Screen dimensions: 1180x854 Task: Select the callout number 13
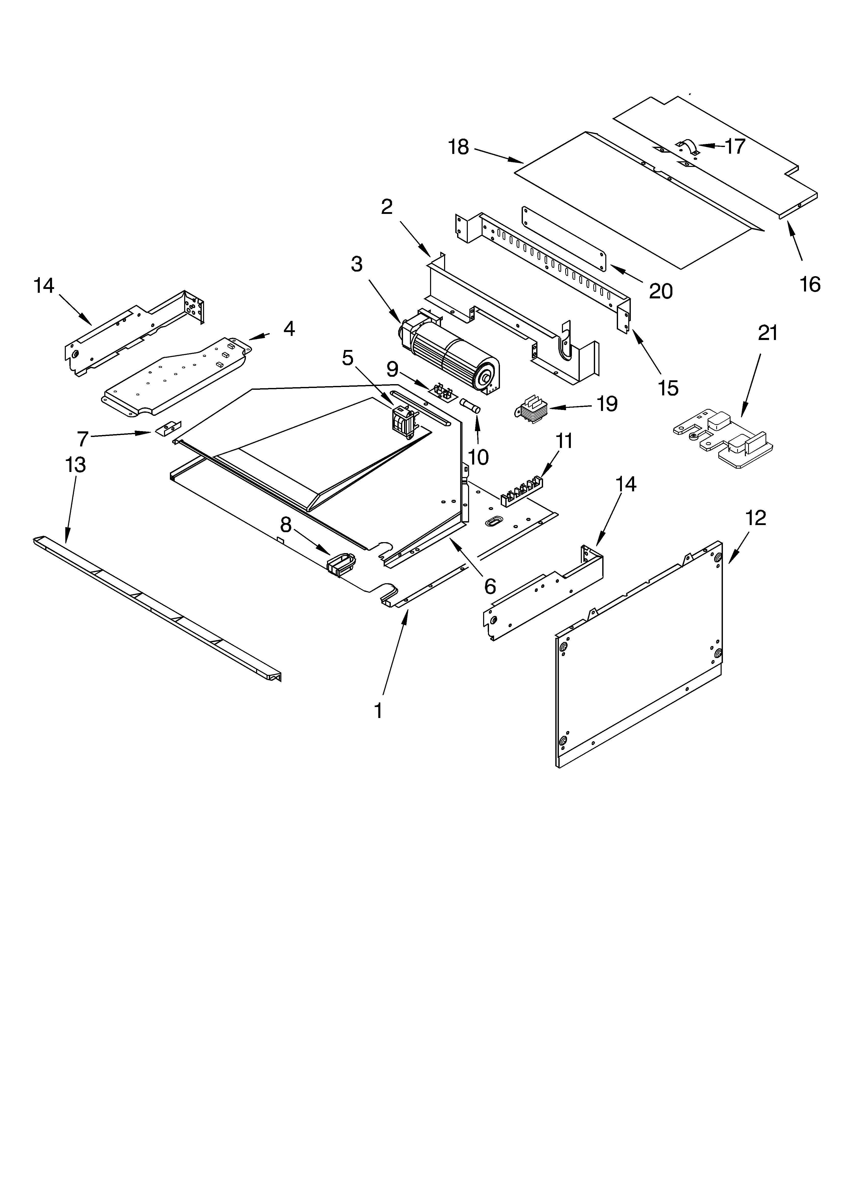coord(76,465)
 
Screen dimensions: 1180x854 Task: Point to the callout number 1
coord(379,710)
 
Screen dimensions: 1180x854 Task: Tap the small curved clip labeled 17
coord(688,147)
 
